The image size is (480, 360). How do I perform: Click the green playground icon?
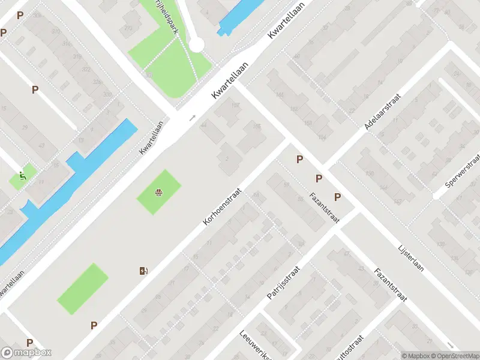coord(23,176)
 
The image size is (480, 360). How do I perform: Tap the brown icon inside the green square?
coord(158,193)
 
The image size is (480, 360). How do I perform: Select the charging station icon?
coord(143,271)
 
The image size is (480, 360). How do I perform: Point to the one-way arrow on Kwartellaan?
coord(193,118)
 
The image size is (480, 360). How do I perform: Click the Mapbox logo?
coord(26,353)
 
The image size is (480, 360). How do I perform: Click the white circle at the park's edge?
coord(197,44)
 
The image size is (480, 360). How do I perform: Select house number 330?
coord(107,95)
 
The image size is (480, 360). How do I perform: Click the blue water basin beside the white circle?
coord(235,16)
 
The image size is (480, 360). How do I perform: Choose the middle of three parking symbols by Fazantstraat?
coord(319,178)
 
